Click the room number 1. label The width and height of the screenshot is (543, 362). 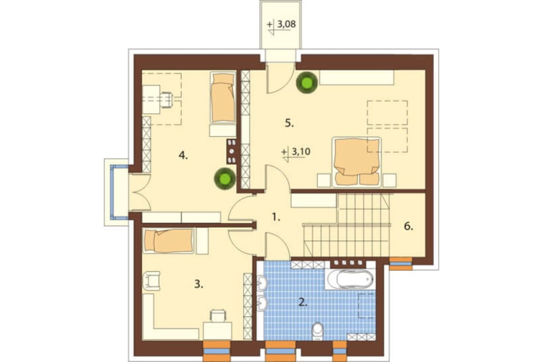tap(276, 218)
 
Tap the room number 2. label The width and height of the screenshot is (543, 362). tap(302, 302)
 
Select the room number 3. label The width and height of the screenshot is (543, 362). tap(198, 285)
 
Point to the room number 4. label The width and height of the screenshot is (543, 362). tap(183, 156)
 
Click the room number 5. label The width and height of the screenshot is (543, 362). tap(289, 123)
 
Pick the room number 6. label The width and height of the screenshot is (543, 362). tap(409, 227)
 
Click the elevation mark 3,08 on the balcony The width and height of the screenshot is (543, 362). tap(281, 26)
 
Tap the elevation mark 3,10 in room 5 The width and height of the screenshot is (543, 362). tap(296, 153)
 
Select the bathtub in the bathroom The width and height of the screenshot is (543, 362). tap(349, 279)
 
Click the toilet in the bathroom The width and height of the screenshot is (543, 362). tap(317, 331)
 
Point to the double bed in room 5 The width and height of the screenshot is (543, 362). tap(356, 161)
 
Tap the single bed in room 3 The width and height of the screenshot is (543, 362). tap(169, 241)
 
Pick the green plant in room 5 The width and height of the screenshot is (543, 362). tap(307, 83)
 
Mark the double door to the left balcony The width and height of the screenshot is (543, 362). tap(139, 192)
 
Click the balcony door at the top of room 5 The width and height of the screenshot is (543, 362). tap(280, 78)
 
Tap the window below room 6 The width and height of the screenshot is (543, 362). tap(401, 264)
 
